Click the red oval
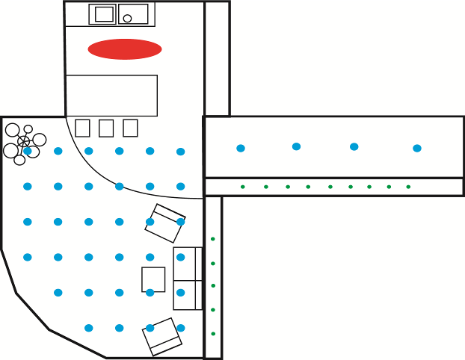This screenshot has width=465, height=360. (x=125, y=49)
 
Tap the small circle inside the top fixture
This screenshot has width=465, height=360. (x=127, y=18)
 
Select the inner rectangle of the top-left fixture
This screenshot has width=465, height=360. (x=104, y=13)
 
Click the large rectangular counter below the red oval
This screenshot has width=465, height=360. (x=111, y=96)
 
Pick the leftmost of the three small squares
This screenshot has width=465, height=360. (x=82, y=128)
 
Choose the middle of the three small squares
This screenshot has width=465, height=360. (x=106, y=128)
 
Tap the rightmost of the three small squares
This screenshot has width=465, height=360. (x=130, y=128)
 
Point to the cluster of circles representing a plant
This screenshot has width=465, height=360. (x=24, y=141)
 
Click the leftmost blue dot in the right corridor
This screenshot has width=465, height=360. (x=241, y=148)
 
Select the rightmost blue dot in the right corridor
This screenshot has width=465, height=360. (x=417, y=148)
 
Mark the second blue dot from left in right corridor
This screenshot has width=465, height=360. (x=297, y=146)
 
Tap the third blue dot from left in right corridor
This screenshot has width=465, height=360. (x=354, y=146)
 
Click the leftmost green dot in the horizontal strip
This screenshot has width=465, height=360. (x=242, y=187)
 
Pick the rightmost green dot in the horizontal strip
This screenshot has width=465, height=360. (x=408, y=187)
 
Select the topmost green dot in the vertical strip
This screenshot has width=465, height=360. (x=213, y=239)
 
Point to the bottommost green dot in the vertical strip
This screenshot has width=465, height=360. (x=213, y=334)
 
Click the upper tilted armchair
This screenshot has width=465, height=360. (x=164, y=223)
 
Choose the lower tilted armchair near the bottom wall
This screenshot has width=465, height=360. (x=163, y=337)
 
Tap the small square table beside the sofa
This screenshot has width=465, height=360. (x=153, y=279)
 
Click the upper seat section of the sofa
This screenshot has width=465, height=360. (x=186, y=264)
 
